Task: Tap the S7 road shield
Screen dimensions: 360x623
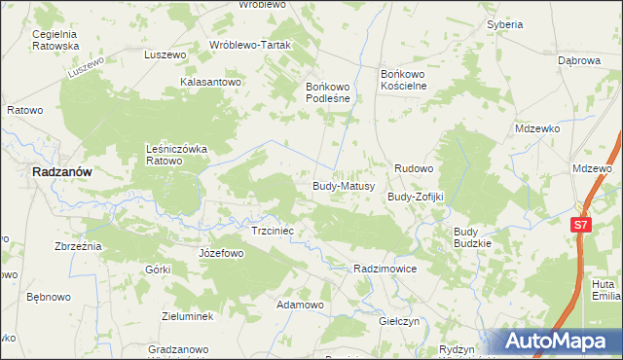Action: (x=581, y=225)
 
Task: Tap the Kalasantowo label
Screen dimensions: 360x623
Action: (x=210, y=83)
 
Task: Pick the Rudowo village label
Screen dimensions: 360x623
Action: (x=413, y=168)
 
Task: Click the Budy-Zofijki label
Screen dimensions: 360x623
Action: (x=416, y=197)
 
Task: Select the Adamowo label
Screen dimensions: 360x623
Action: (x=300, y=305)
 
